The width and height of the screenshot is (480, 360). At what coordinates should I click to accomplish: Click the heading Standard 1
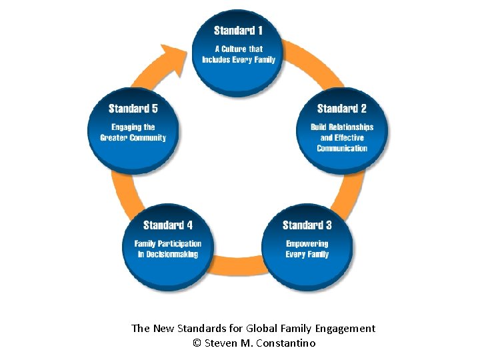coord(238,31)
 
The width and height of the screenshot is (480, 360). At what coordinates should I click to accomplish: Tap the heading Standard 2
coord(341,109)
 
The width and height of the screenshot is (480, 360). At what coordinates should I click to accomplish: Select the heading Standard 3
coord(307,225)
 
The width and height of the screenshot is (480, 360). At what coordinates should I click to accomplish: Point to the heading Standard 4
coord(168,225)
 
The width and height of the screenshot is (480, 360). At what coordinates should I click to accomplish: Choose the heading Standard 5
coord(133,109)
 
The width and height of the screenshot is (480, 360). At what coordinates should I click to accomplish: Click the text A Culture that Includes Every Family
coord(238,54)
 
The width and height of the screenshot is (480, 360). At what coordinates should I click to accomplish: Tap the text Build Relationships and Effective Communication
coord(342,137)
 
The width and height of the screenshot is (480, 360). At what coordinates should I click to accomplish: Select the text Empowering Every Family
coord(307,249)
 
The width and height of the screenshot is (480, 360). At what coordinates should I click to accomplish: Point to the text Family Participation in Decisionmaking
coord(168,249)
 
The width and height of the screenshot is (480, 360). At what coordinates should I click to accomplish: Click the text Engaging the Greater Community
coord(133,132)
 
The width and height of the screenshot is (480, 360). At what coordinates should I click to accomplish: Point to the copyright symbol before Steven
coord(196,343)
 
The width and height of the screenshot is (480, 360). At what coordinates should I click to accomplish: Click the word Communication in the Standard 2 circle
coord(342,148)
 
